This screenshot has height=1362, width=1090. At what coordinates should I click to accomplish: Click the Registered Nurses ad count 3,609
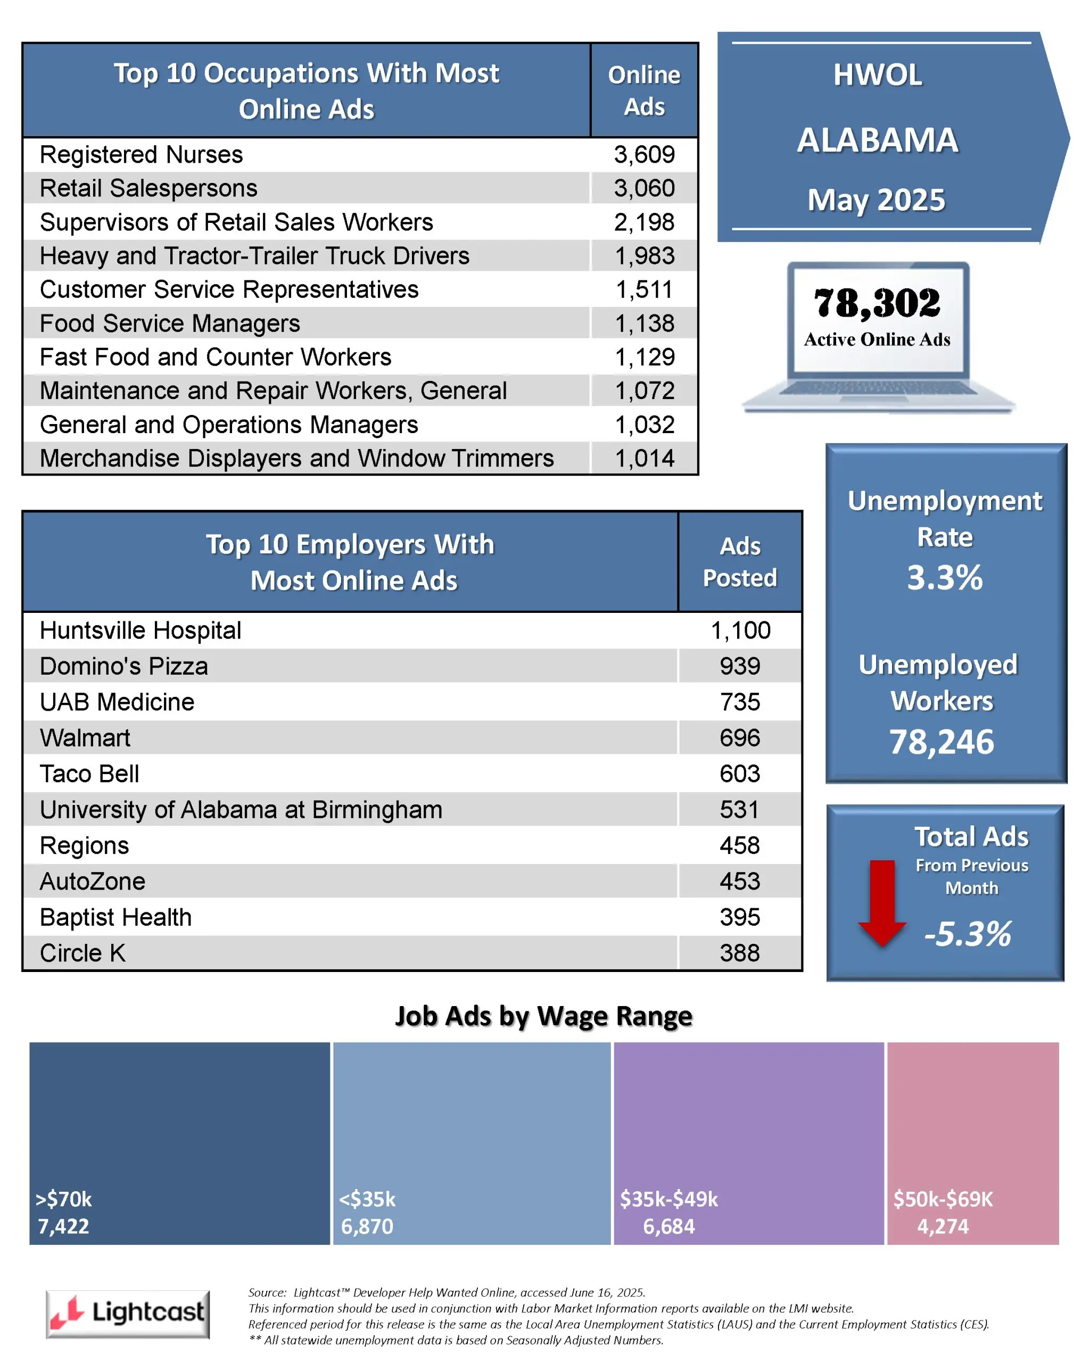(x=644, y=155)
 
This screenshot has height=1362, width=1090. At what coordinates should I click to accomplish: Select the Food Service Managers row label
(x=169, y=323)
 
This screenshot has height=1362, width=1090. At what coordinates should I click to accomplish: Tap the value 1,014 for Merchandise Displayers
(x=645, y=459)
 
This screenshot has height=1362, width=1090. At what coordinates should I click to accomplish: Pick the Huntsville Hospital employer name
(x=141, y=630)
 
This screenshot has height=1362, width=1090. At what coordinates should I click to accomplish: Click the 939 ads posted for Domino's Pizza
(x=739, y=667)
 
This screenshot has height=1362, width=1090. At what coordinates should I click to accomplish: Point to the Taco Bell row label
(x=89, y=774)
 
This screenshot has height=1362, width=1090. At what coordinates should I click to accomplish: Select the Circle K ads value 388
(x=739, y=953)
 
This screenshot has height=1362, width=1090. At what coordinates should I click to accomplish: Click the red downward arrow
(x=881, y=903)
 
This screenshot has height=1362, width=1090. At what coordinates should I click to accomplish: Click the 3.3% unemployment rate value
(x=944, y=577)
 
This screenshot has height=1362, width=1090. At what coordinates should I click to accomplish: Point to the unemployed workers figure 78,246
(x=942, y=742)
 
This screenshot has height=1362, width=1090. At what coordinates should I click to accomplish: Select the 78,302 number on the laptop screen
(x=877, y=303)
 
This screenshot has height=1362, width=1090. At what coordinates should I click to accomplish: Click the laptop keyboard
(x=878, y=388)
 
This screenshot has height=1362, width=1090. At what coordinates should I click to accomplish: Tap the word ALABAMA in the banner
(x=877, y=140)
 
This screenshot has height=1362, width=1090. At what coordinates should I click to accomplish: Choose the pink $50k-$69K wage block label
(x=943, y=1199)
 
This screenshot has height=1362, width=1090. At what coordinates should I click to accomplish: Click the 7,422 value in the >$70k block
(x=63, y=1226)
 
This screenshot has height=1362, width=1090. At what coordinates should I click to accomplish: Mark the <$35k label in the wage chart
(x=367, y=1199)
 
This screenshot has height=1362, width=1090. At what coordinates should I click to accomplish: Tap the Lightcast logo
(x=128, y=1314)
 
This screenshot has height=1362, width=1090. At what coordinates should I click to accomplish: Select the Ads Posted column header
(x=739, y=562)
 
